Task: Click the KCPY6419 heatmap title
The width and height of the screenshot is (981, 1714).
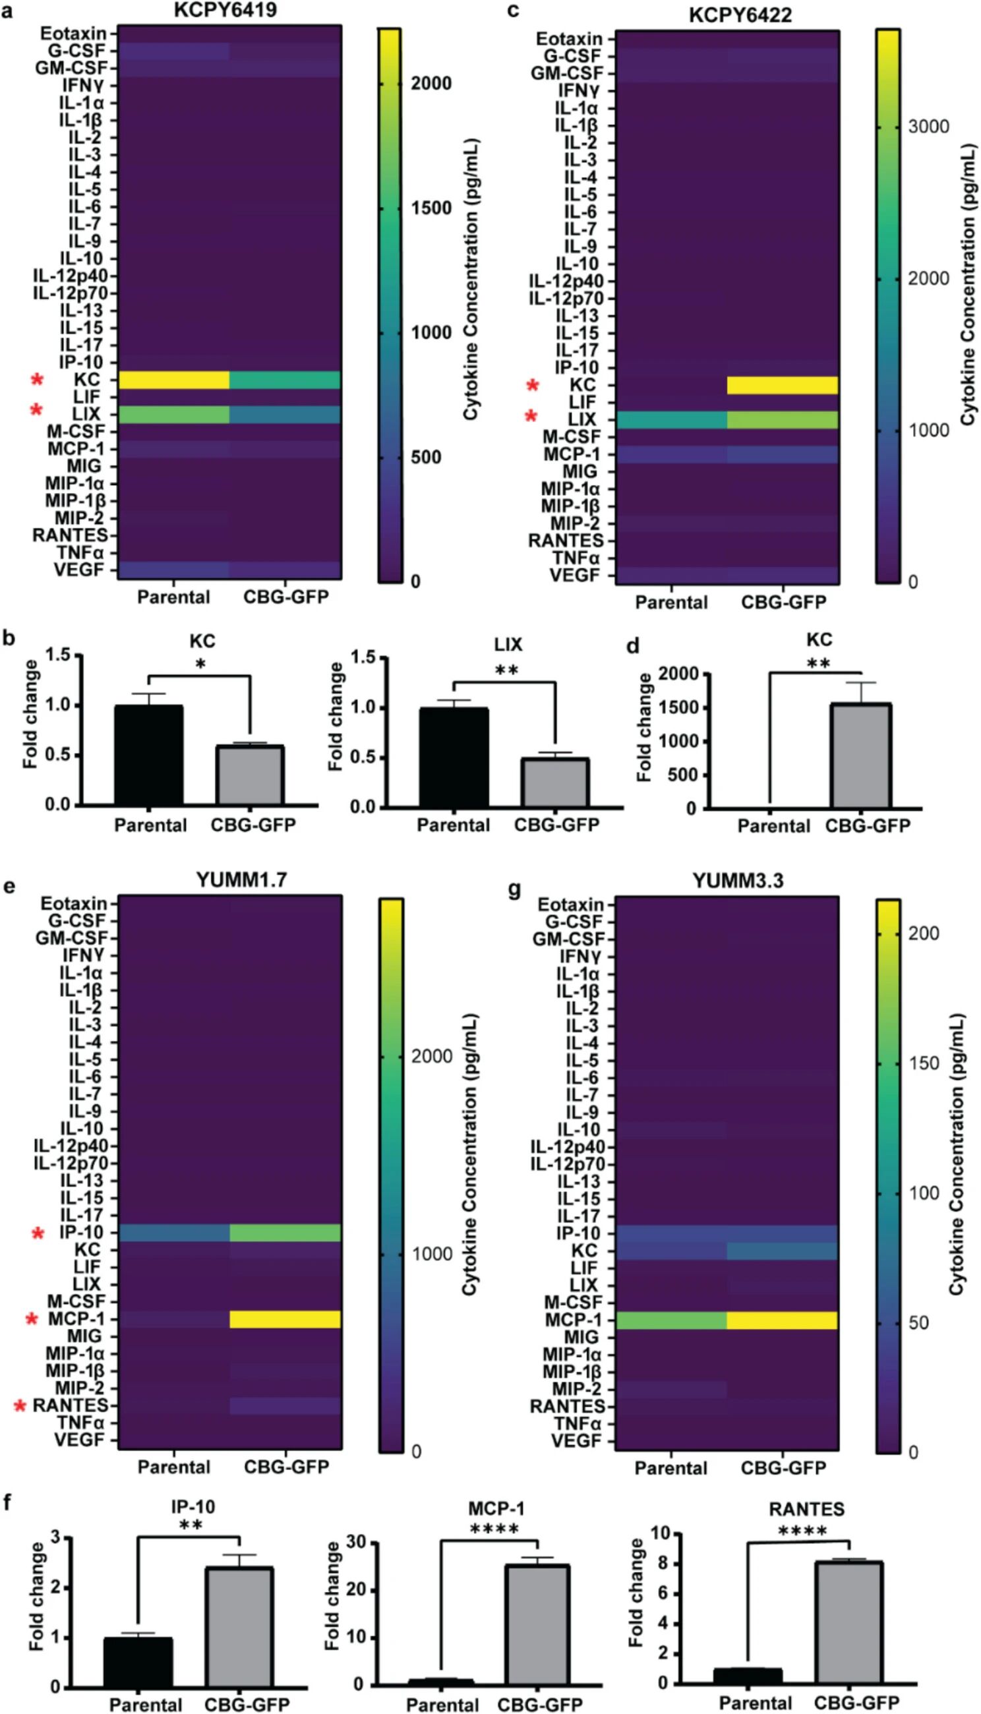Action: point(225,10)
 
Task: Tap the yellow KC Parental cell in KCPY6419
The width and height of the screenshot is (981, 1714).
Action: point(175,380)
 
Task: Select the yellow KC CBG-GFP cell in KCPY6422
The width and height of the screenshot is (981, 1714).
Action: point(783,386)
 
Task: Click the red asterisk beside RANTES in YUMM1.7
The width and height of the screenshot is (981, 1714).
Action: point(20,1406)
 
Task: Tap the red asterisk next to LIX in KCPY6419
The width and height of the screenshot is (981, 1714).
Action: point(36,410)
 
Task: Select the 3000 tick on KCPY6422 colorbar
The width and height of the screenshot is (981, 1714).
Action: point(928,127)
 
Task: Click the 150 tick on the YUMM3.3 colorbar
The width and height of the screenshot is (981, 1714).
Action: point(924,1063)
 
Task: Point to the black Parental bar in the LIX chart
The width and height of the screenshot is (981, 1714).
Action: point(454,757)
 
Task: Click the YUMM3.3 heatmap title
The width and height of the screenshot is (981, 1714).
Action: point(738,881)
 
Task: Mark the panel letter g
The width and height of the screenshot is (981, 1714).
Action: point(514,889)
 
